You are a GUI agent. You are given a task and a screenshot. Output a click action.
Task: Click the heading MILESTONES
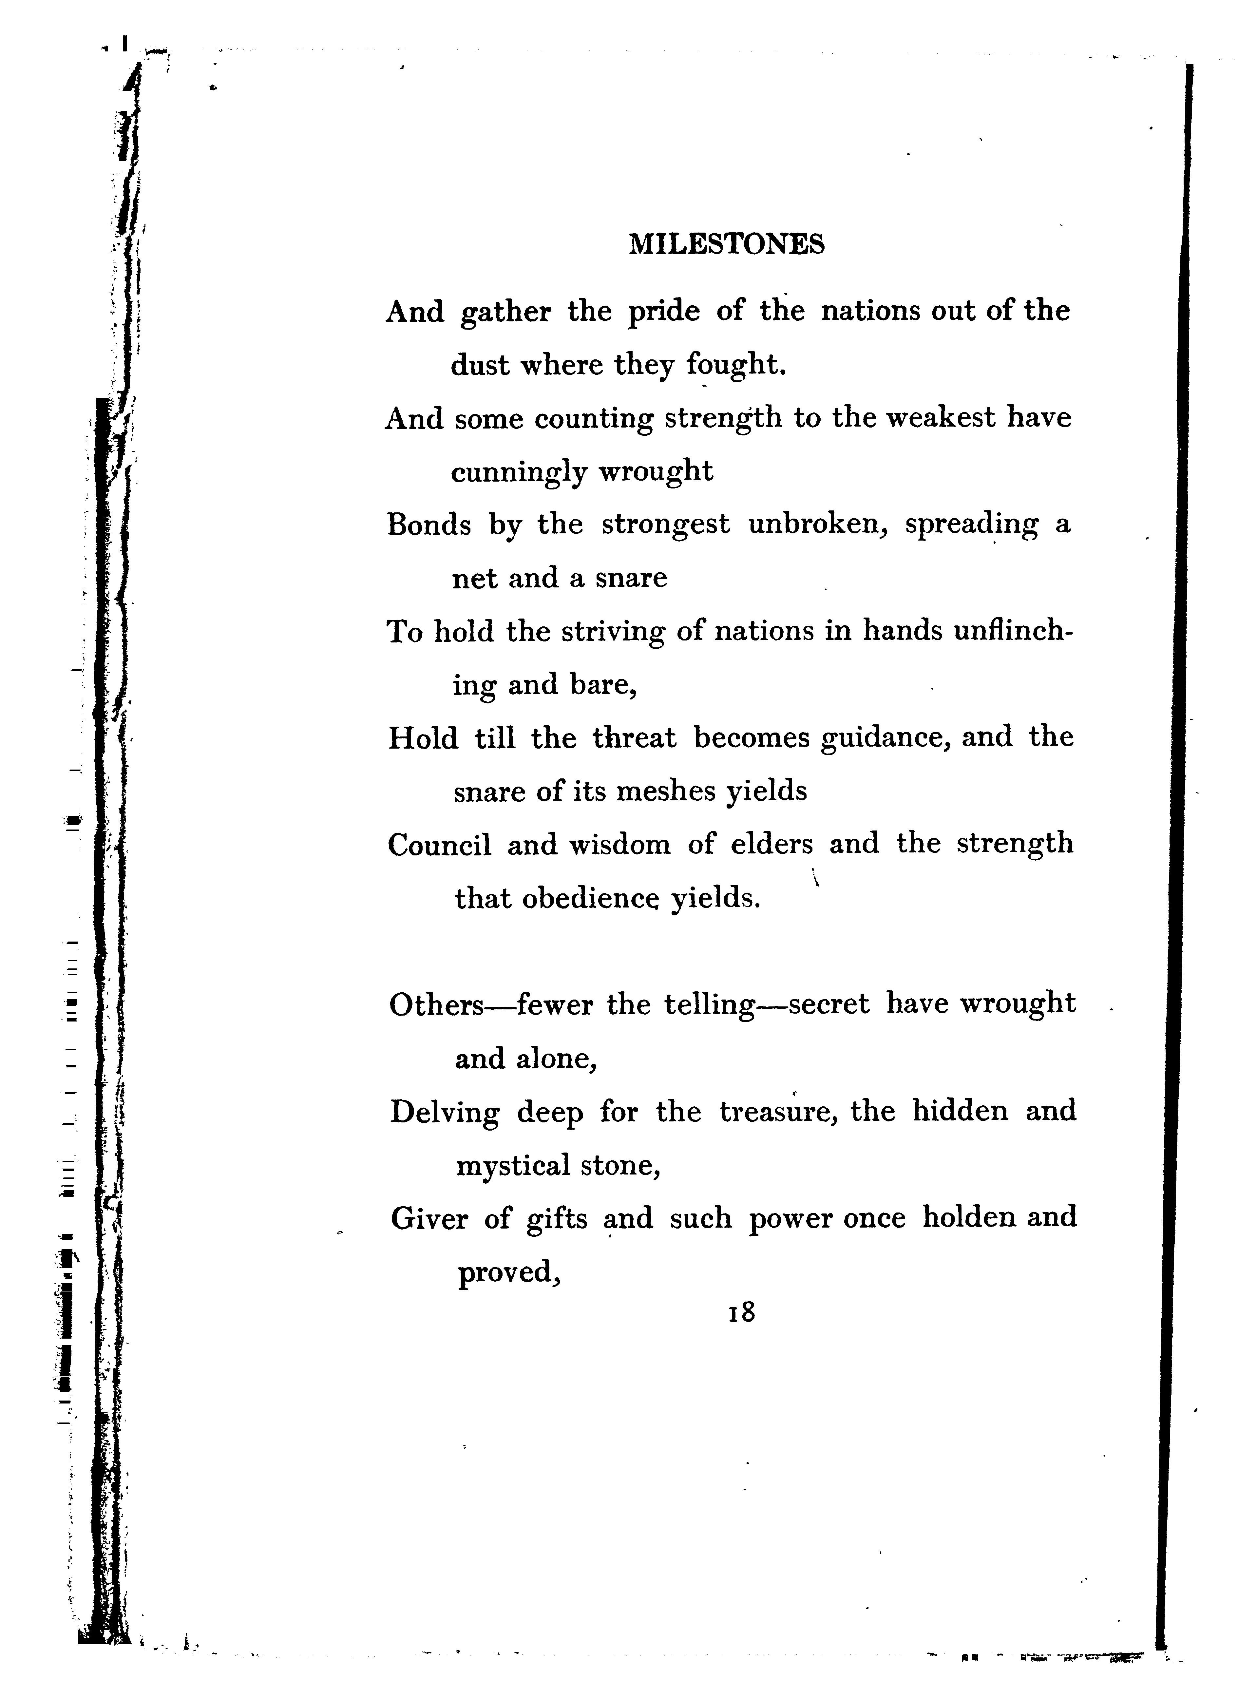[726, 244]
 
